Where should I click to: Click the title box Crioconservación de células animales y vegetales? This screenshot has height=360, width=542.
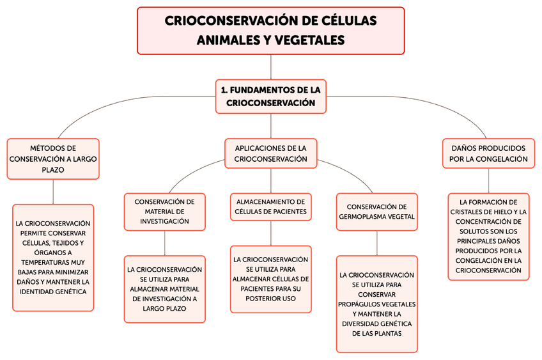coord(271,30)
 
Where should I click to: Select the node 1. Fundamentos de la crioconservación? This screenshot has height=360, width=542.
coord(271,96)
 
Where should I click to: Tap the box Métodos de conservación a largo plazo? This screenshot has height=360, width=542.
coord(53,159)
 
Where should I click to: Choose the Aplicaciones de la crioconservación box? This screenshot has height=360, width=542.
coord(271,153)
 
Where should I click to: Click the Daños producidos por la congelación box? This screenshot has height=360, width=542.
coord(488,153)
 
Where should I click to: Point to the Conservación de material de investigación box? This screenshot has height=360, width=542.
coord(165,211)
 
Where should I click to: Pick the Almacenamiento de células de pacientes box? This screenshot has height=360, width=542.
coord(271,206)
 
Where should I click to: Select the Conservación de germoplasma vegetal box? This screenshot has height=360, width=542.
coord(377,212)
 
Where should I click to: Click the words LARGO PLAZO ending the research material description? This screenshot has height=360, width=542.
coord(165,308)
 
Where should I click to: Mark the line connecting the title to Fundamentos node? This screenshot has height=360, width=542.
coord(271,67)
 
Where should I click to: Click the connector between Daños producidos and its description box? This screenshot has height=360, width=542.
coord(488,180)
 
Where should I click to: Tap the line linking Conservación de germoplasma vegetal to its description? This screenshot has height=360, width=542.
coord(377,242)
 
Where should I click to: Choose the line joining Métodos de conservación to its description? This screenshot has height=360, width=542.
coord(53,192)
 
